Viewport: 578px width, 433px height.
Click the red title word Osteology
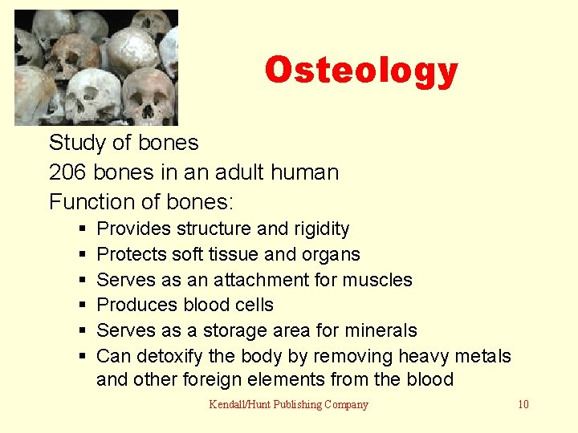(360, 71)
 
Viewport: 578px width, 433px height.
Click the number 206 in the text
(65, 172)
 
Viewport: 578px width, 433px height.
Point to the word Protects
(131, 254)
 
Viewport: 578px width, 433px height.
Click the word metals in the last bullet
(482, 355)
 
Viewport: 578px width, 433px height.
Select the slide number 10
(523, 404)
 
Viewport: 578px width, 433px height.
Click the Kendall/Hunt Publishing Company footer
(288, 404)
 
